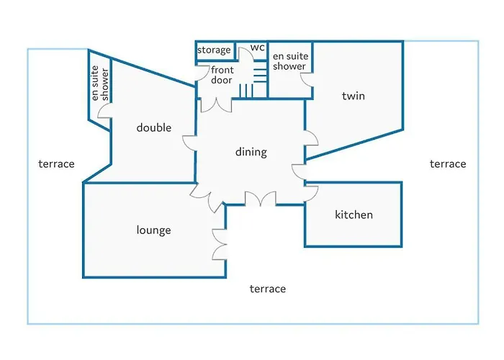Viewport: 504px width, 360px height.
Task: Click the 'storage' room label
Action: pyautogui.click(x=214, y=50)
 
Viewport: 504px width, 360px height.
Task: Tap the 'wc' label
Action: pyautogui.click(x=258, y=48)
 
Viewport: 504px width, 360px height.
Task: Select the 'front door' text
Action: pyautogui.click(x=222, y=75)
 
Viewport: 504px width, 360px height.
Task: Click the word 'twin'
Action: pyautogui.click(x=354, y=96)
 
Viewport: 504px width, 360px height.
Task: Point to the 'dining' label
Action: pyautogui.click(x=251, y=152)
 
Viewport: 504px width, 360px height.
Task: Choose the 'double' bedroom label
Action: pyautogui.click(x=153, y=127)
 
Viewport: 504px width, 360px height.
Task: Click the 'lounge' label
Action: pyautogui.click(x=153, y=230)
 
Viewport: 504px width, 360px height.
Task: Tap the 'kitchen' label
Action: pyautogui.click(x=354, y=215)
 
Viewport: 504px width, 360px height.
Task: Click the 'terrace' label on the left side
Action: pyautogui.click(x=57, y=164)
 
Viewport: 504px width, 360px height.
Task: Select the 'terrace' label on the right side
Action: pyautogui.click(x=448, y=164)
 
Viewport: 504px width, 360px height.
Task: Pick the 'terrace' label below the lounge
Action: pyautogui.click(x=268, y=289)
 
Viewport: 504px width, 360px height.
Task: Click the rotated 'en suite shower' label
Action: pyautogui.click(x=99, y=84)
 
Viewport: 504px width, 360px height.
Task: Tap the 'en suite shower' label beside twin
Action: pyautogui.click(x=290, y=61)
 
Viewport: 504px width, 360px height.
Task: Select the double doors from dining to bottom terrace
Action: pyautogui.click(x=261, y=198)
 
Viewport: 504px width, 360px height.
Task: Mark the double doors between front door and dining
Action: pyautogui.click(x=216, y=106)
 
